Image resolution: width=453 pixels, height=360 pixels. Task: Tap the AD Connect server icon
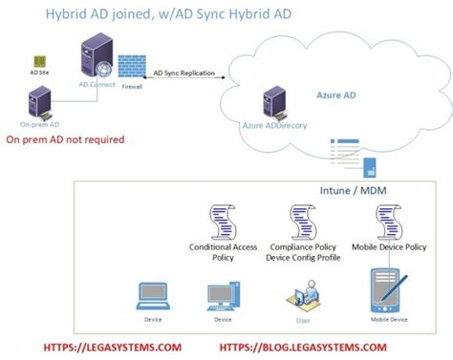[x=98, y=60]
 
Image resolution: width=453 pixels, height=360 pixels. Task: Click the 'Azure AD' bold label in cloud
[x=336, y=95]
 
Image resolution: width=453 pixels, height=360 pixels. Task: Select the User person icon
[x=304, y=290]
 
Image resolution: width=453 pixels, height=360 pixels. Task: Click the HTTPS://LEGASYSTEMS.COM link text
[x=113, y=348]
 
